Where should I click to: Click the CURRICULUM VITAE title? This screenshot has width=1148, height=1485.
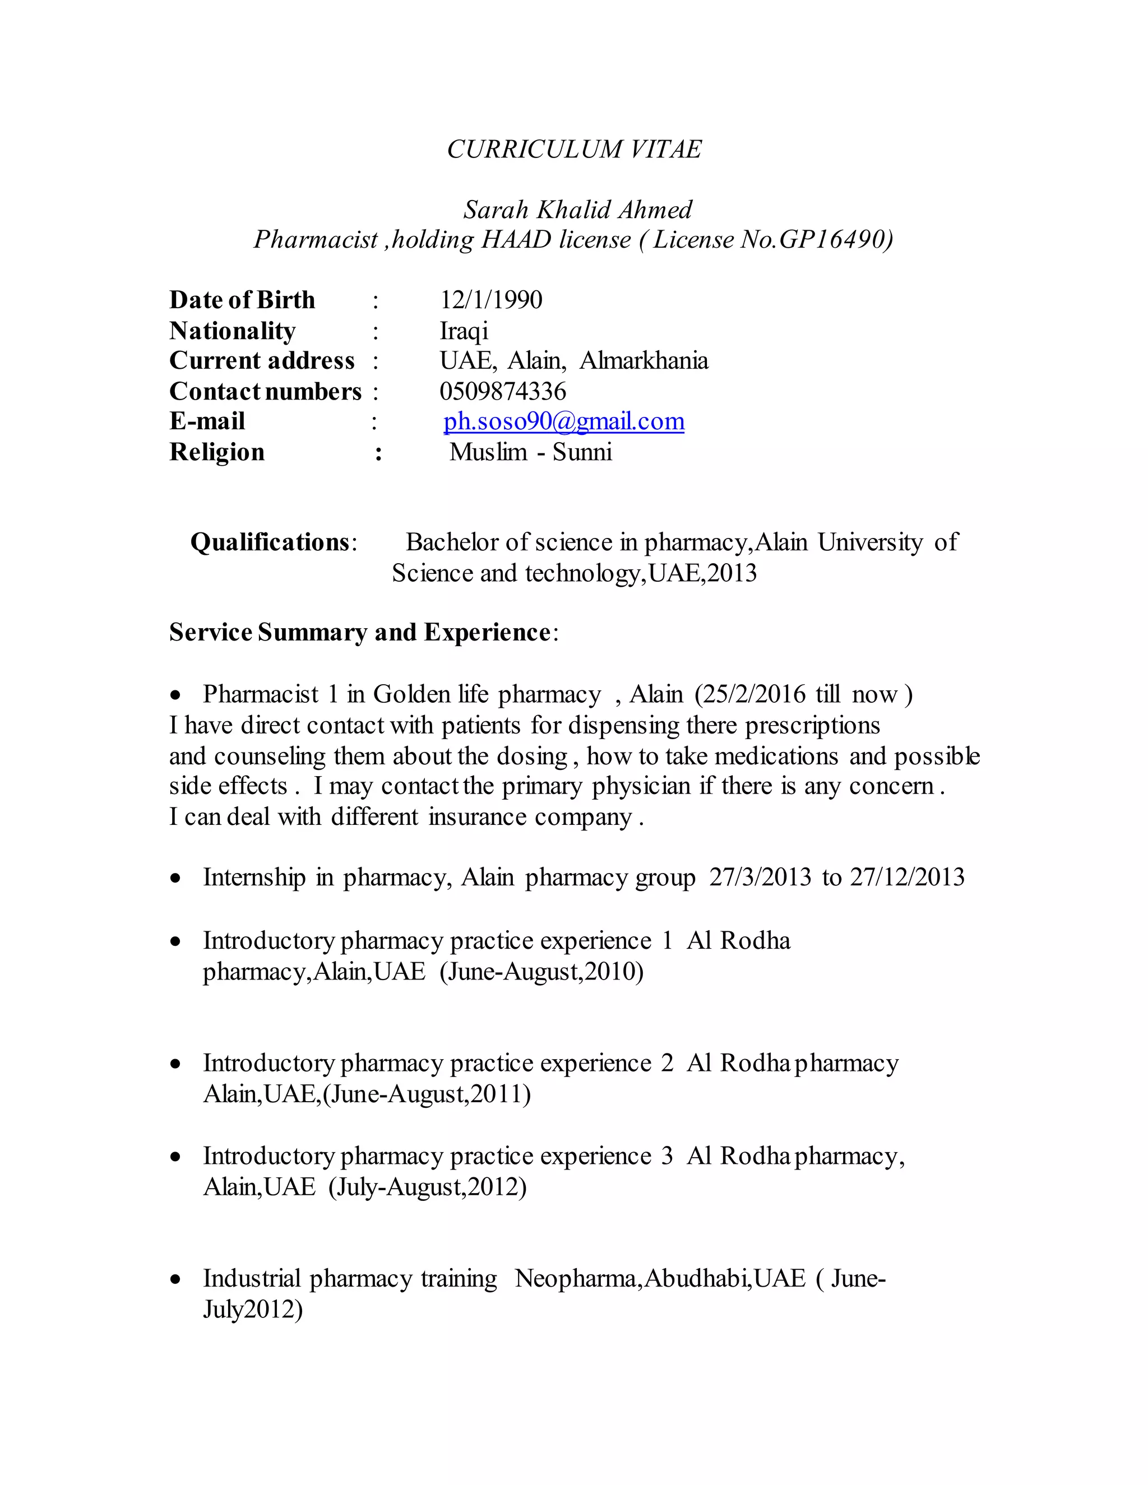click(574, 149)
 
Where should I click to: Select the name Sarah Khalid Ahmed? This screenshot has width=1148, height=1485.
click(577, 210)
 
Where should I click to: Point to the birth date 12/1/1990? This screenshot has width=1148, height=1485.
click(491, 300)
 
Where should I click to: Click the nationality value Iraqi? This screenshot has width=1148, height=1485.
click(464, 331)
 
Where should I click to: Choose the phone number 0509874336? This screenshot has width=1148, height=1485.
click(503, 392)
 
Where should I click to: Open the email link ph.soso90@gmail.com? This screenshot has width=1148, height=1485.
click(564, 421)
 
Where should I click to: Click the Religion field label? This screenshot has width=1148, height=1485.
click(217, 452)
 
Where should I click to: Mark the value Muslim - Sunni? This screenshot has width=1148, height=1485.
click(530, 452)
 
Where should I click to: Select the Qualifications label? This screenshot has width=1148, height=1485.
click(271, 542)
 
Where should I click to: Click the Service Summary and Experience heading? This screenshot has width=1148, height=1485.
click(360, 632)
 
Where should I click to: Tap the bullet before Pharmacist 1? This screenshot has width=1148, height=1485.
click(176, 695)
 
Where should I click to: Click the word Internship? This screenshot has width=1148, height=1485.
click(254, 878)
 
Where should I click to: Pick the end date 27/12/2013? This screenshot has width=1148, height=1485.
click(908, 878)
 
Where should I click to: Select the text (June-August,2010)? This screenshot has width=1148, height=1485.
click(541, 972)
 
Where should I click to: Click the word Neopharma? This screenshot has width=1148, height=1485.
click(576, 1279)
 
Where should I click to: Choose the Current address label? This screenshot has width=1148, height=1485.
click(262, 361)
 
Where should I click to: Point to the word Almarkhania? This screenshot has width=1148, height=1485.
click(644, 361)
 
